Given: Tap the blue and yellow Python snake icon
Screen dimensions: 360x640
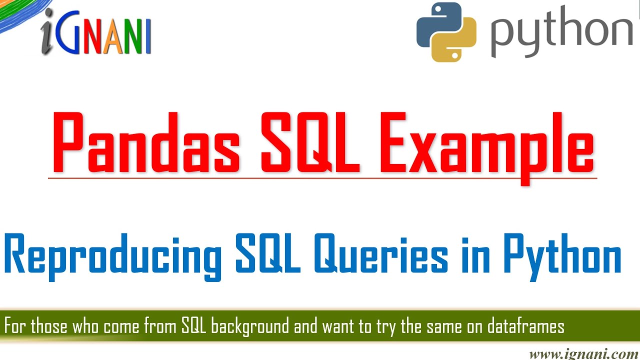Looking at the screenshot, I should [446, 32].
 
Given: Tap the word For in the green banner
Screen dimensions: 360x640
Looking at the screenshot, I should [15, 327].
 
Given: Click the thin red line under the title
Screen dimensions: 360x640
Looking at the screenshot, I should [322, 178].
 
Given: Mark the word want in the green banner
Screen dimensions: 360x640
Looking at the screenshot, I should [338, 327].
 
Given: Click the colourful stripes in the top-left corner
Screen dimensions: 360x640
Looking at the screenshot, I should [15, 12].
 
